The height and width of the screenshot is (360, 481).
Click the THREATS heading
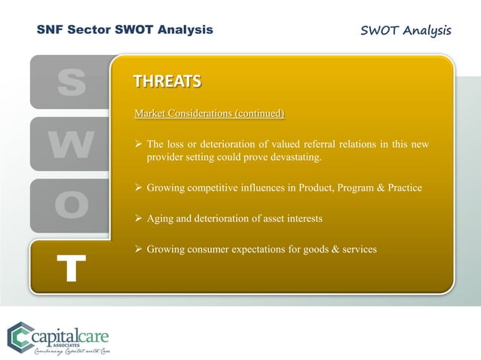[x=167, y=81]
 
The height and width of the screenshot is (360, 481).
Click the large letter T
[x=71, y=268]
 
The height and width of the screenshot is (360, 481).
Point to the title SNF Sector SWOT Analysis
[x=124, y=30]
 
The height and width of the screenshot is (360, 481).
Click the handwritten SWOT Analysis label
[x=406, y=30]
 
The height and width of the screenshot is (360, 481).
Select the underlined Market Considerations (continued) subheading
[x=209, y=114]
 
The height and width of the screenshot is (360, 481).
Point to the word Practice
[x=400, y=188]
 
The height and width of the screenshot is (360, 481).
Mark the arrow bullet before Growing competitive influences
[x=138, y=188]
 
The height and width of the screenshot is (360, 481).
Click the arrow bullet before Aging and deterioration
[x=138, y=218]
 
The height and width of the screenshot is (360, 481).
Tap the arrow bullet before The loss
[x=138, y=144]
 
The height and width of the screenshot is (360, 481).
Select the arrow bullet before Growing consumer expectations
[x=138, y=249]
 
